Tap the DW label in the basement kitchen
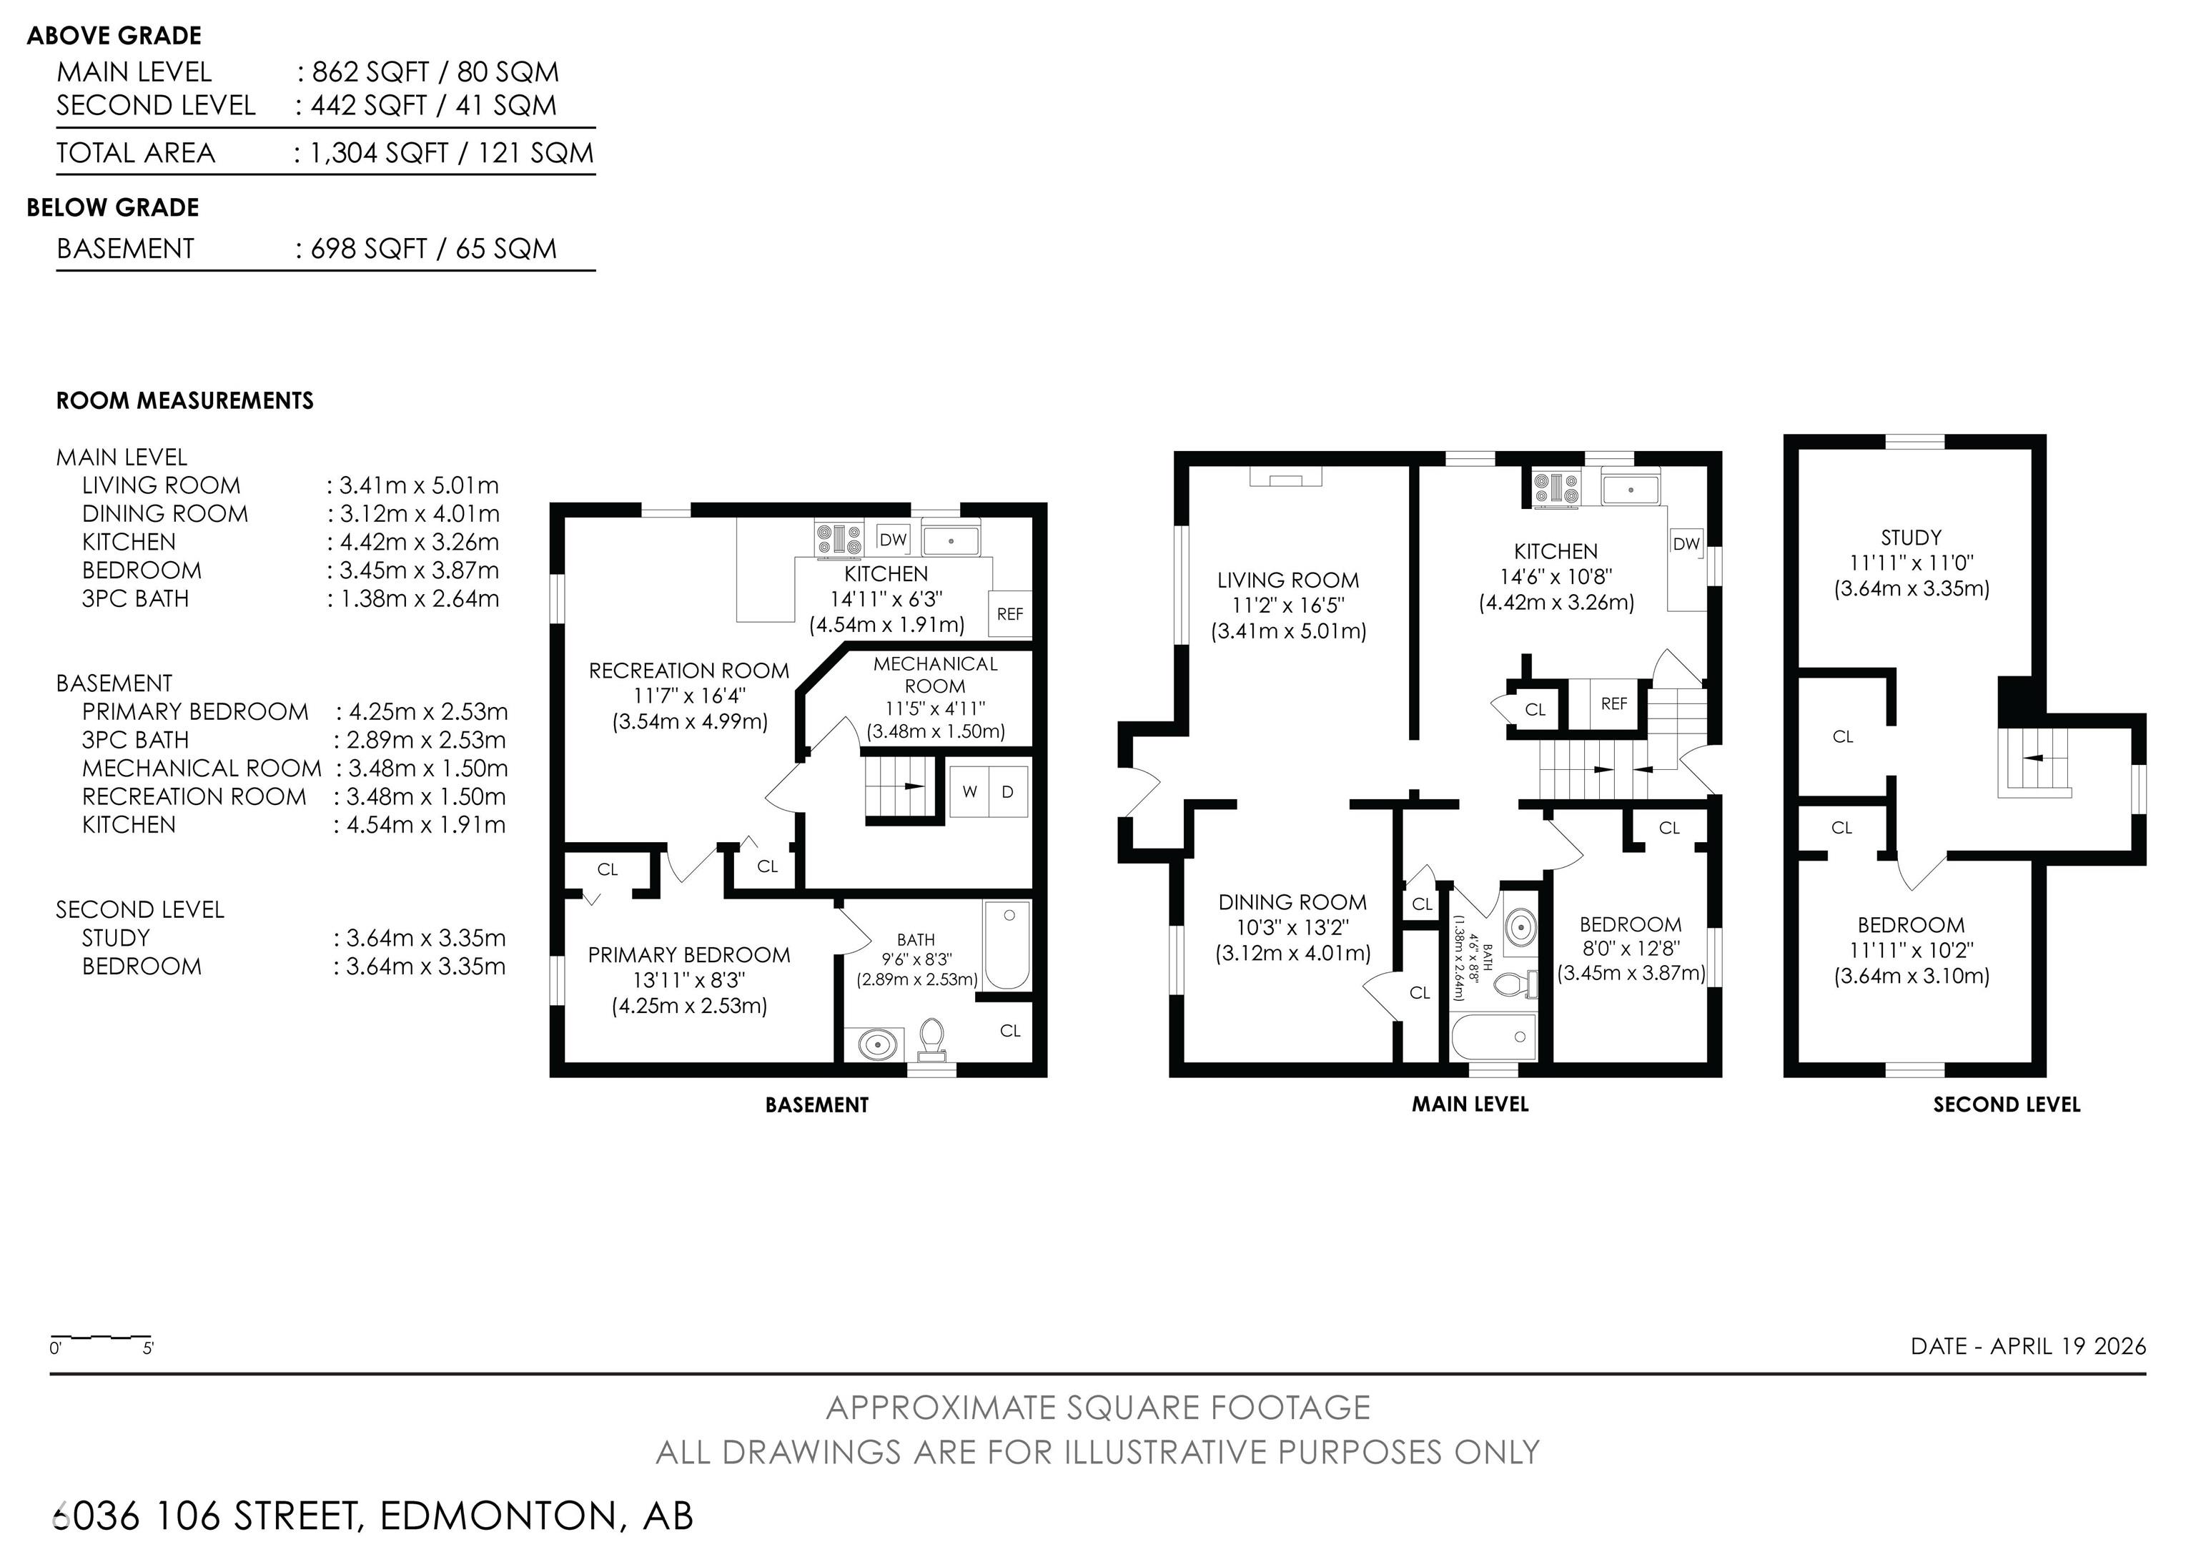click(x=892, y=539)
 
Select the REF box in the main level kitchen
click(x=1613, y=704)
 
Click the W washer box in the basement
click(x=970, y=792)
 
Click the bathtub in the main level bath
click(x=1494, y=1037)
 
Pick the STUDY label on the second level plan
click(x=1911, y=538)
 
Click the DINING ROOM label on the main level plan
click(x=1292, y=901)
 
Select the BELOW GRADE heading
click(x=113, y=207)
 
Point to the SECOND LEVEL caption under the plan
click(x=2007, y=1104)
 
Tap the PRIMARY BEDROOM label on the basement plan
click(x=688, y=954)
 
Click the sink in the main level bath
click(x=1520, y=926)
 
